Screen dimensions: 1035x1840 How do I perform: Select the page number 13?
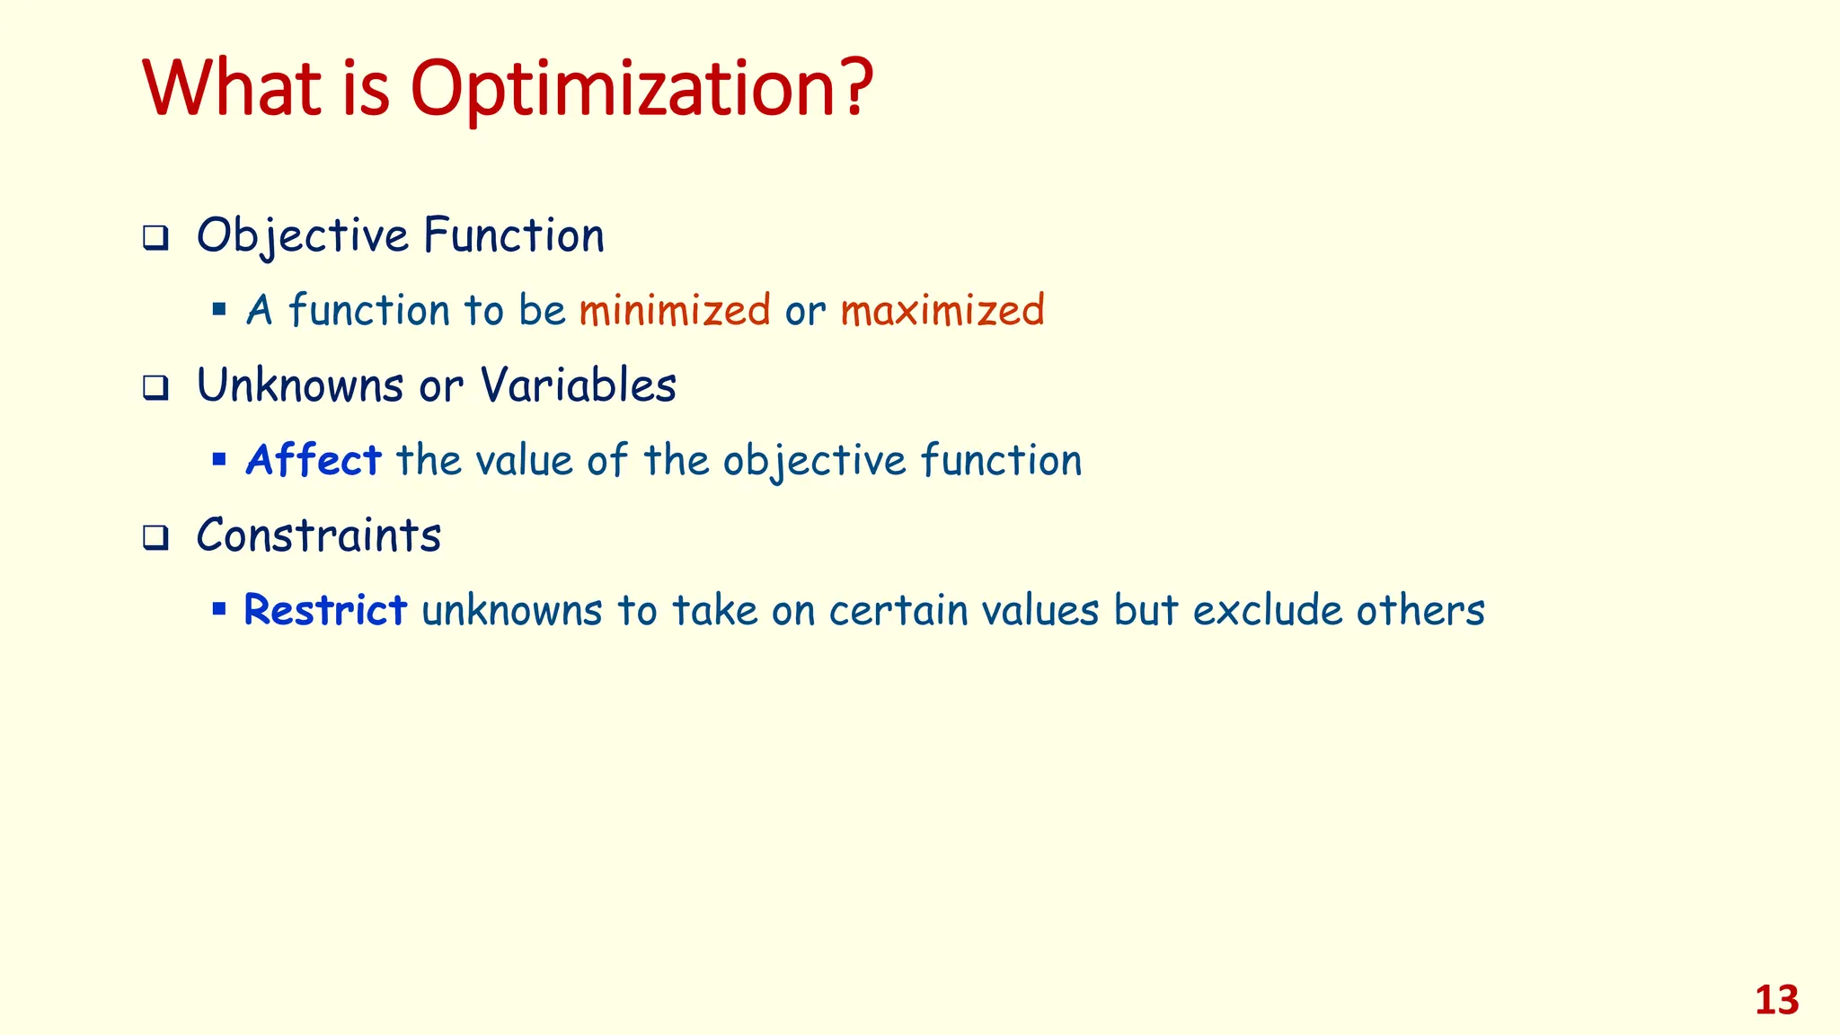pos(1776,1000)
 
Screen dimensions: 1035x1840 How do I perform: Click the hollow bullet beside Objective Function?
pos(155,239)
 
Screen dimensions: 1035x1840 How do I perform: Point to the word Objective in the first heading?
pos(303,237)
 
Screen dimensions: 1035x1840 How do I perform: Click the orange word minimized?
pos(675,310)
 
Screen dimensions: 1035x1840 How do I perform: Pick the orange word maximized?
pos(942,310)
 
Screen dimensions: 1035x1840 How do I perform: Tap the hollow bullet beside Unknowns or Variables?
pos(155,389)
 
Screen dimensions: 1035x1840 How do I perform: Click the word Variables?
pos(578,386)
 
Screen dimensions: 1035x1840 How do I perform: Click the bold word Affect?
pos(314,460)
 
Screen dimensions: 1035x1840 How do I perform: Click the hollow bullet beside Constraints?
pos(155,539)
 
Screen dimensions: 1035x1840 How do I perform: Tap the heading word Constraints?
pos(319,536)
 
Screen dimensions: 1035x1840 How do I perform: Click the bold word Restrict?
pos(325,610)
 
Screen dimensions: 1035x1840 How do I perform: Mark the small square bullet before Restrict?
pos(218,609)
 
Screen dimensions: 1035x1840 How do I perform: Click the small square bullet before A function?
pos(218,310)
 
